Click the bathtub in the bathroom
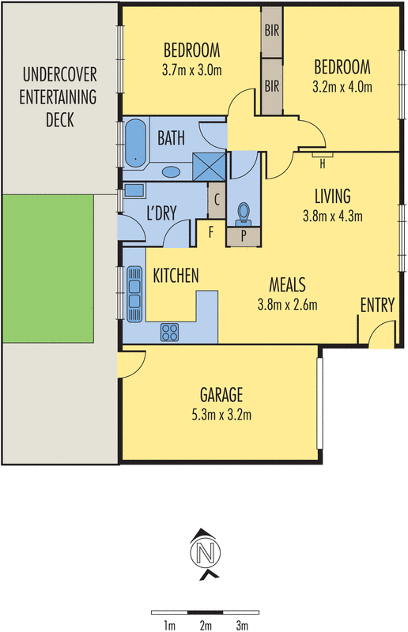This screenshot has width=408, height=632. click(135, 144)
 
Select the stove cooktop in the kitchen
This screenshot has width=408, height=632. click(170, 332)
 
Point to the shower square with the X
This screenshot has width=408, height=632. click(210, 166)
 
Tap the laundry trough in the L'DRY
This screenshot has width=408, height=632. click(134, 190)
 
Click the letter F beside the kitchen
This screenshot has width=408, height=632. click(211, 232)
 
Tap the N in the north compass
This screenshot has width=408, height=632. click(205, 552)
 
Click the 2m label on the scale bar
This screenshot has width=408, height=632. click(206, 626)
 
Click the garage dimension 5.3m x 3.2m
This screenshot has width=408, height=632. click(221, 413)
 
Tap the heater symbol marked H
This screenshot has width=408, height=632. click(323, 164)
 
